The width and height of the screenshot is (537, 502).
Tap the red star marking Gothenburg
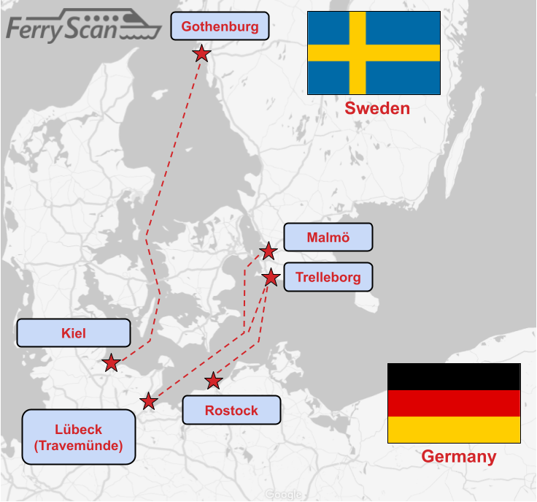point(201,53)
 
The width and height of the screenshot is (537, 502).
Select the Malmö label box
point(328,237)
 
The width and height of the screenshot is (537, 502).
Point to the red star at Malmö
point(268,251)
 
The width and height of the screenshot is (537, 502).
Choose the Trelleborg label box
point(327,278)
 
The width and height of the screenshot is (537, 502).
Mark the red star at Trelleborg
point(271,278)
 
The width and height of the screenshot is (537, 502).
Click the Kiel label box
point(74,333)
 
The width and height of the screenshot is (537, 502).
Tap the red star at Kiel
point(111,362)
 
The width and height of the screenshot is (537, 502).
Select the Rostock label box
point(231,410)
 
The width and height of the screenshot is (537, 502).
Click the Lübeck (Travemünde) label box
point(79,437)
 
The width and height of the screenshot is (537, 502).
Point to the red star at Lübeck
point(149,401)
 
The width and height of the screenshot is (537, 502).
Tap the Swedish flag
point(374,53)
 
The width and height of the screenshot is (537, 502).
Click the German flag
point(454,403)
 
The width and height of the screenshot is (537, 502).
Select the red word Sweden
point(377,109)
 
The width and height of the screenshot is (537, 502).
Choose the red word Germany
point(459,457)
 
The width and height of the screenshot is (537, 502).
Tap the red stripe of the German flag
point(454,403)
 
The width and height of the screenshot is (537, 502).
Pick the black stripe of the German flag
point(454,376)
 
